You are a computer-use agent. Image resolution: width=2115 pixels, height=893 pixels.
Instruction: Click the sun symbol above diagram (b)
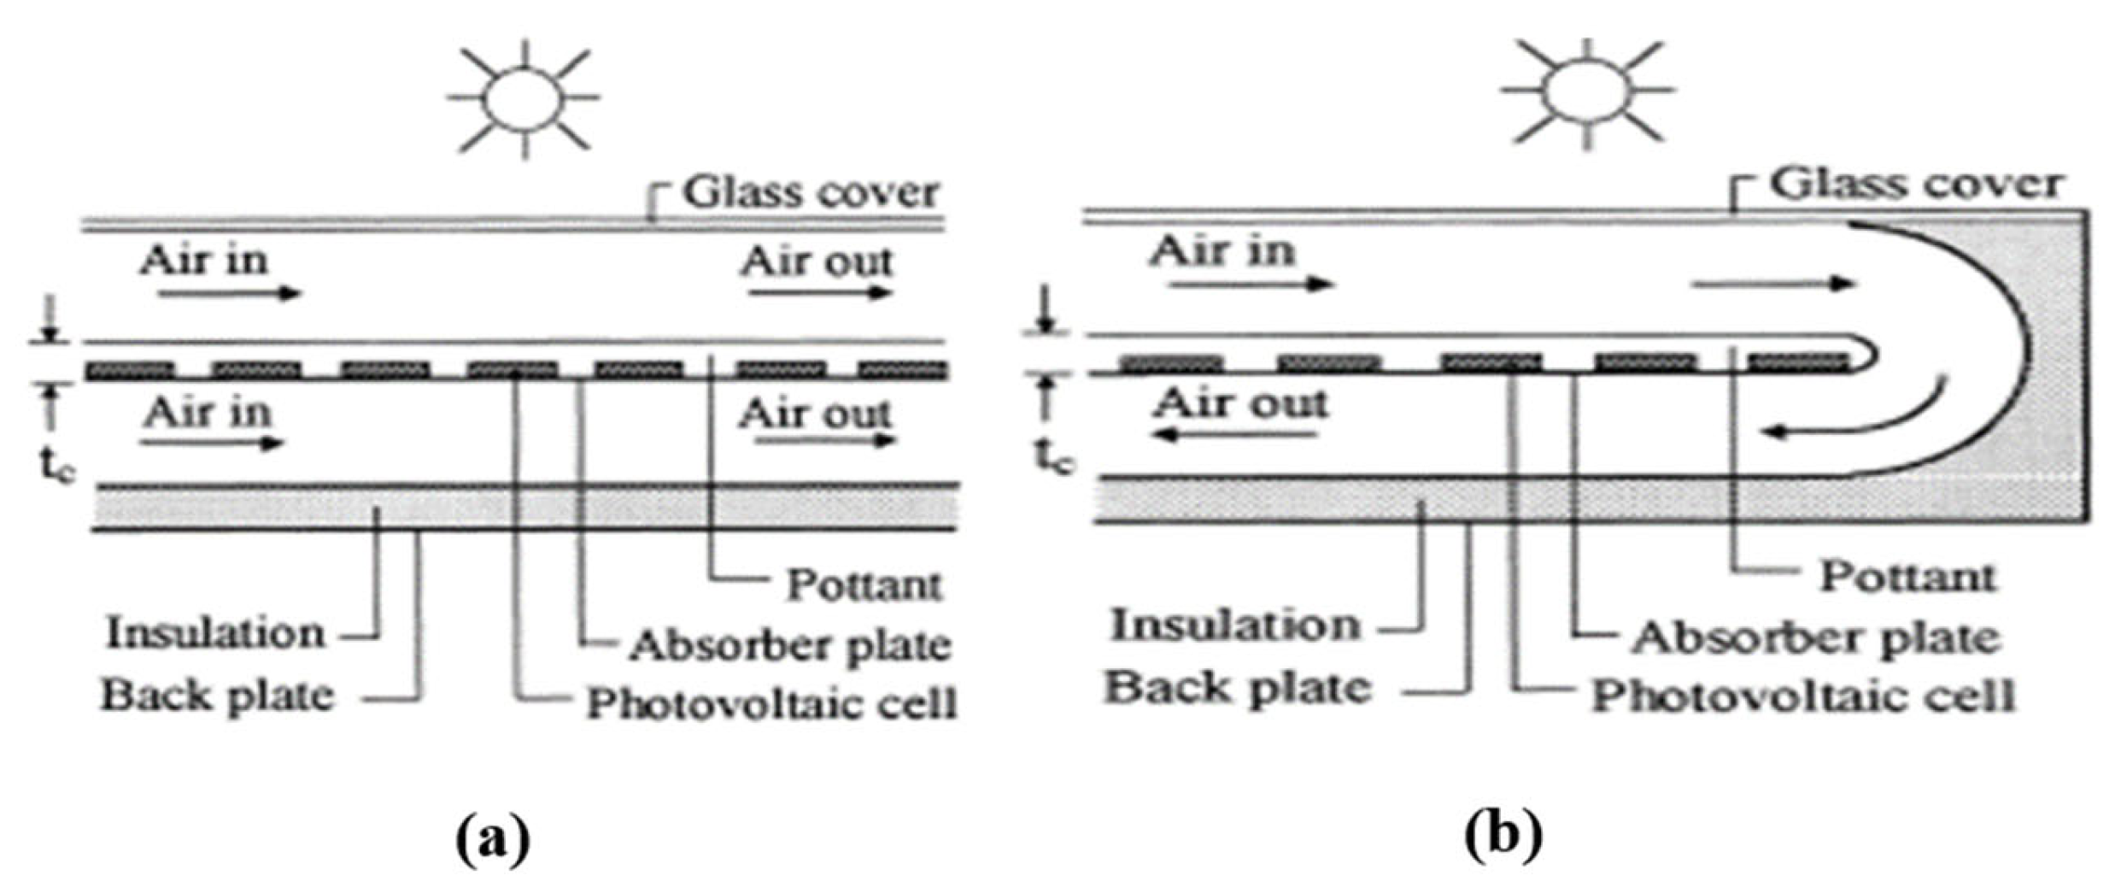tap(1586, 92)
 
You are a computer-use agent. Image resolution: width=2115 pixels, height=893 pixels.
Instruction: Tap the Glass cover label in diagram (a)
tap(809, 192)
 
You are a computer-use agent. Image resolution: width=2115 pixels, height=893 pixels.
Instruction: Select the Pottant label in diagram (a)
tap(863, 585)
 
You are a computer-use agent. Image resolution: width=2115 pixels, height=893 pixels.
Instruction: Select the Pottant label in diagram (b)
tap(1907, 577)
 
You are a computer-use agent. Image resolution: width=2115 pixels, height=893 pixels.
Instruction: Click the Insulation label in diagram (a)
tap(215, 634)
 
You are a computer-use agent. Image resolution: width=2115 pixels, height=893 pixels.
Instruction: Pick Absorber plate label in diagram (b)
tap(1815, 638)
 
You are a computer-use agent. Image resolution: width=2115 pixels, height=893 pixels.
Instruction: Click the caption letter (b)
tap(1503, 835)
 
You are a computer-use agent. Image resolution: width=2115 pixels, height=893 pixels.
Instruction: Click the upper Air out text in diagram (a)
tap(816, 261)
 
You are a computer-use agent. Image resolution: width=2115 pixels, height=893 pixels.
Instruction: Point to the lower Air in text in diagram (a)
tap(208, 414)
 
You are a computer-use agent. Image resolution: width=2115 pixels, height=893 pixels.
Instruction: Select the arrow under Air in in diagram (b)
tap(1251, 284)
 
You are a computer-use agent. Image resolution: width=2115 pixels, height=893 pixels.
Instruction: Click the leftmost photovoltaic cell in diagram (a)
tap(130, 370)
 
